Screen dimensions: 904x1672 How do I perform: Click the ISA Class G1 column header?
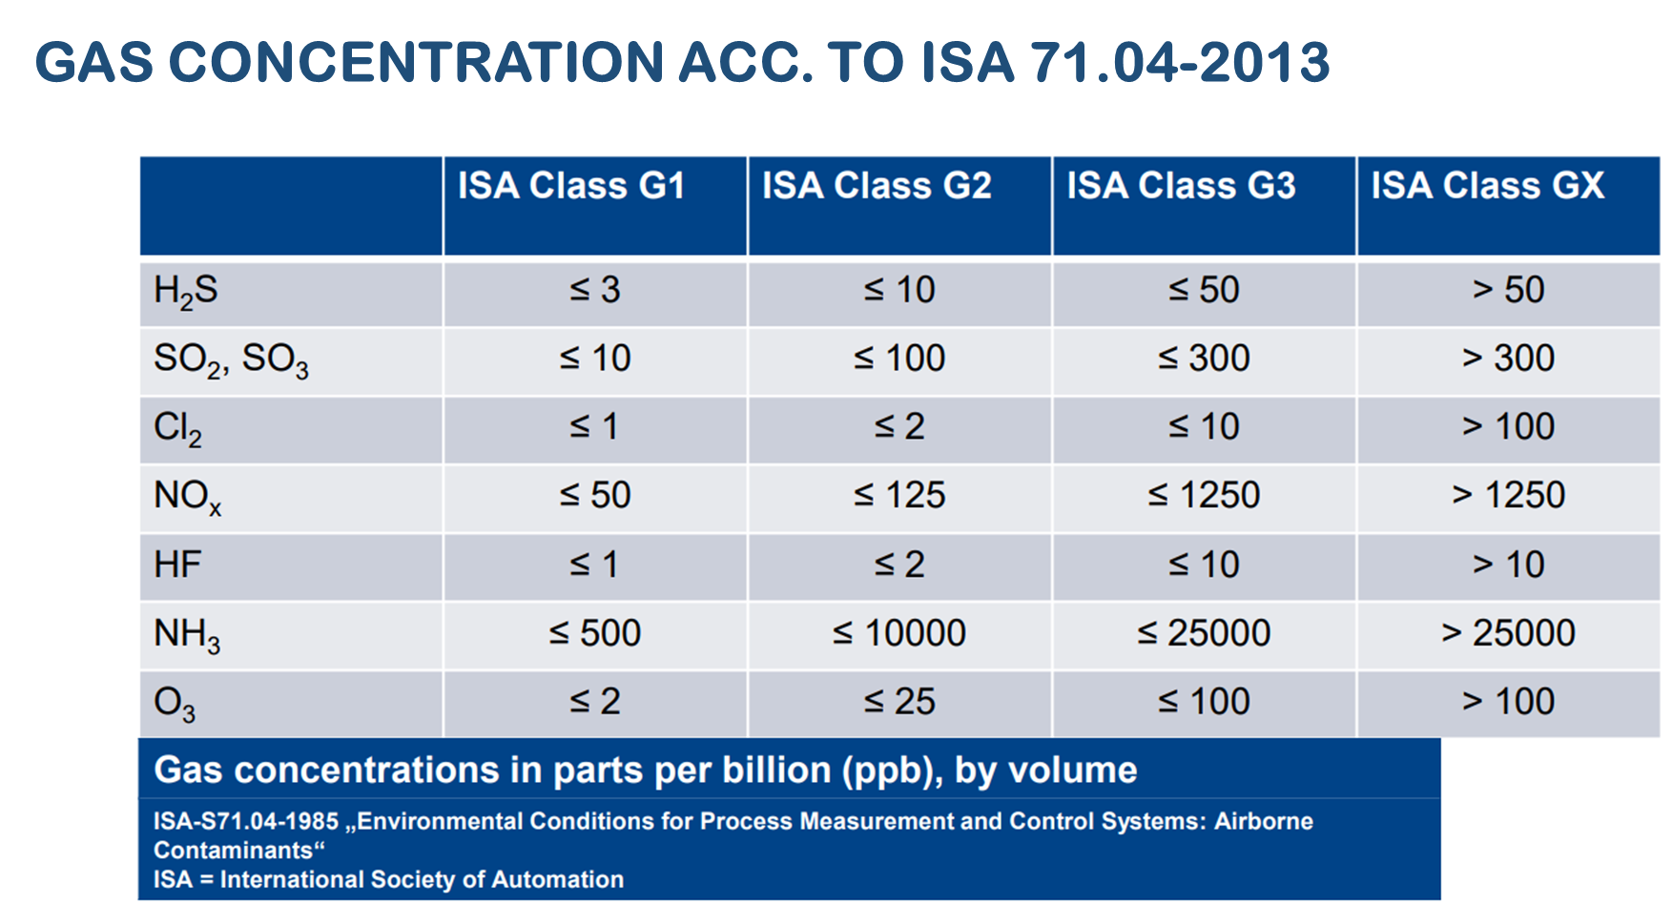pyautogui.click(x=571, y=186)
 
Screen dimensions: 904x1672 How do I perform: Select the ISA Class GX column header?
pyautogui.click(x=1487, y=186)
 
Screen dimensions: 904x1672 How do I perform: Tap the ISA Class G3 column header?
pyautogui.click(x=1181, y=186)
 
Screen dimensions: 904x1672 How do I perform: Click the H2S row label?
pyautogui.click(x=186, y=291)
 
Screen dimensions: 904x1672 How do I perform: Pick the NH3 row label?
pyautogui.click(x=187, y=634)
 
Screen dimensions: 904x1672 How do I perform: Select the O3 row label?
pyautogui.click(x=175, y=704)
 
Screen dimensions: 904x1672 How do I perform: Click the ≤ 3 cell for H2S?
pyautogui.click(x=594, y=290)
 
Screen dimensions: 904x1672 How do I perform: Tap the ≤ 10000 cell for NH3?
pyautogui.click(x=898, y=633)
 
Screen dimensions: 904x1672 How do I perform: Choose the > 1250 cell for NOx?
pyautogui.click(x=1508, y=496)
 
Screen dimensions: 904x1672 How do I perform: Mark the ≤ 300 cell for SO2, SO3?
pyautogui.click(x=1204, y=359)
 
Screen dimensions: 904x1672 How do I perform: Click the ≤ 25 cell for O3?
pyautogui.click(x=898, y=702)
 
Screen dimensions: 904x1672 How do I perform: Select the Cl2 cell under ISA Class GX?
pyautogui.click(x=1508, y=427)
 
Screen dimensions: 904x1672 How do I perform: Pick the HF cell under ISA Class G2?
pyautogui.click(x=898, y=565)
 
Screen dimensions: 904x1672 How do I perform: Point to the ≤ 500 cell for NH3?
pyautogui.click(x=594, y=633)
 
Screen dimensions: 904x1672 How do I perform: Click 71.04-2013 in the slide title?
pyautogui.click(x=1180, y=63)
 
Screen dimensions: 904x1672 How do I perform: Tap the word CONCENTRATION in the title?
pyautogui.click(x=417, y=63)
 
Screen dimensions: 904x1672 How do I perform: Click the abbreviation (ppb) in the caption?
pyautogui.click(x=892, y=770)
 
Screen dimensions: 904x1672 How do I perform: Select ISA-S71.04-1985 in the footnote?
pyautogui.click(x=246, y=822)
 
